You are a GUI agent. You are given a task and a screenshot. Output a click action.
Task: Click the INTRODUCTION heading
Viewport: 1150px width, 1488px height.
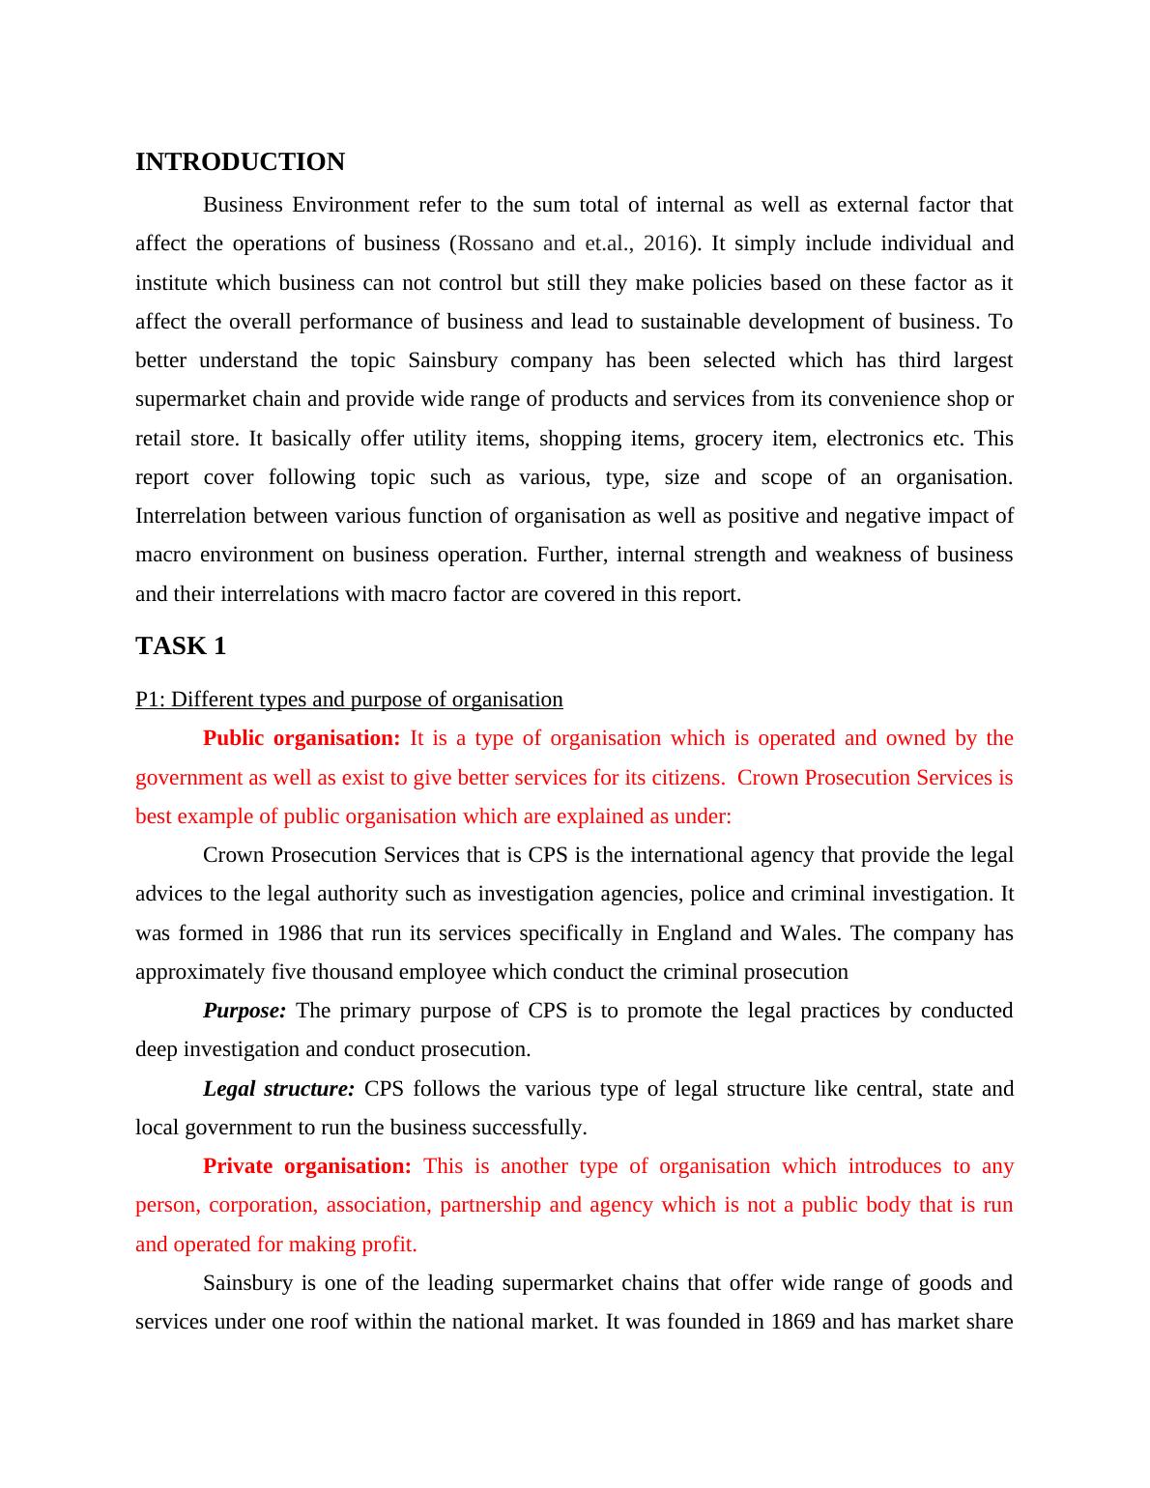coord(240,162)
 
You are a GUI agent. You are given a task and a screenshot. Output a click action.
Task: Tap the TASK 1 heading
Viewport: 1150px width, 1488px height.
coord(181,646)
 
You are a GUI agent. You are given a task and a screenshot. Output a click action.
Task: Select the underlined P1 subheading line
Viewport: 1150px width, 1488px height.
coord(349,700)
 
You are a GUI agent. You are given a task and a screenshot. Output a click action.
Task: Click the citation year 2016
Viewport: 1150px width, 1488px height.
coord(665,243)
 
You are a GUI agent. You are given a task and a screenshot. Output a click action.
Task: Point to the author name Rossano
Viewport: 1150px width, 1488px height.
coord(496,243)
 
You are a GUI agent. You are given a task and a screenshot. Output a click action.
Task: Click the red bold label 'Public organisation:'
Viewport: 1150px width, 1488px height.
coord(302,739)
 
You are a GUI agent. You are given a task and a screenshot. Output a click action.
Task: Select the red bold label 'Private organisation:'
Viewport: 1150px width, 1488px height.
coord(307,1166)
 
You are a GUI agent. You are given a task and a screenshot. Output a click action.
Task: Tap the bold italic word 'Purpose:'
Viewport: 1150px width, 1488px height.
coord(244,1011)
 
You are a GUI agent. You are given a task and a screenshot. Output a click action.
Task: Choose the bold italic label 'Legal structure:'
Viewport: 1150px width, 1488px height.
coord(279,1089)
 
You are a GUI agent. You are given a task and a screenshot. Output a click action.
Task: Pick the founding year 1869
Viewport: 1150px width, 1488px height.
coord(793,1322)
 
